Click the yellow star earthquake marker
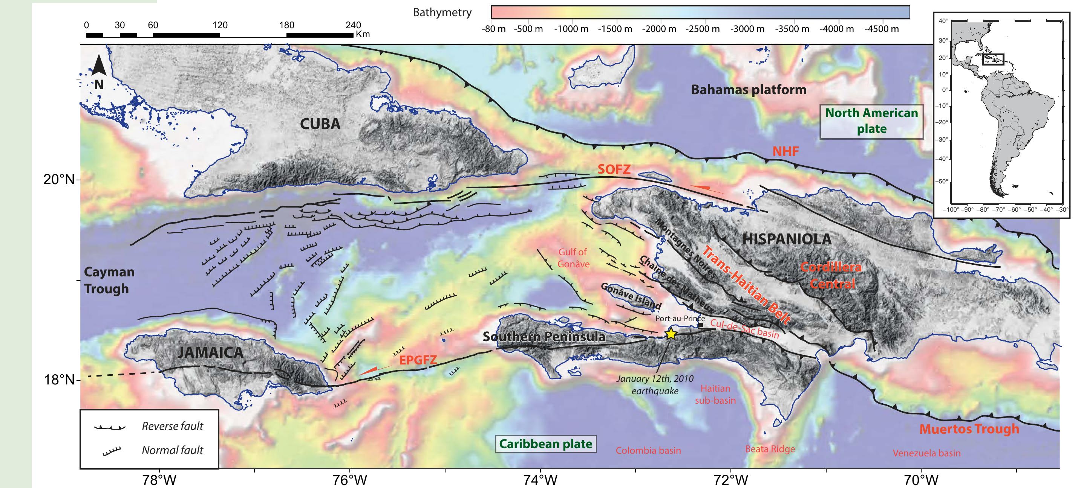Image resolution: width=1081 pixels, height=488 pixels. point(671,334)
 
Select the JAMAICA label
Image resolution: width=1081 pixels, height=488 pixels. point(210,352)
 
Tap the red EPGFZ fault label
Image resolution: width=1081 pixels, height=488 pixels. point(418,360)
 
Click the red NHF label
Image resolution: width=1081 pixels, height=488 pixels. point(785,151)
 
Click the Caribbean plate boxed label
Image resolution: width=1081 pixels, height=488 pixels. point(545,444)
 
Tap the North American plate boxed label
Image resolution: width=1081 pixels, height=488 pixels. point(871,121)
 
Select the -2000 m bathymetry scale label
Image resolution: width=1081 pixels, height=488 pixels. point(659,29)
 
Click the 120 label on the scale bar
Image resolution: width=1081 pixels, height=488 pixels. point(220,25)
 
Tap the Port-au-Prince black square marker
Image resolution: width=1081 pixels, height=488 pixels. point(700,325)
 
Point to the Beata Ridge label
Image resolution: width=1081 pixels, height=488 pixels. point(770,449)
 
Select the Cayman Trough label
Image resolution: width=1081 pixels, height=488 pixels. point(109,280)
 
